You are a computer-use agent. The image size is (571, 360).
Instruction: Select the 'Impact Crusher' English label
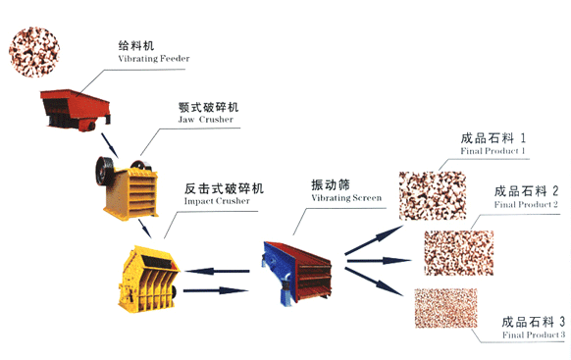coord(216,201)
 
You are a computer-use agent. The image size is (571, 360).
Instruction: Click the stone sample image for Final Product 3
coord(445,312)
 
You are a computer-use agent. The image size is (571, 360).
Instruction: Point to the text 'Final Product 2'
coord(526,205)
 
